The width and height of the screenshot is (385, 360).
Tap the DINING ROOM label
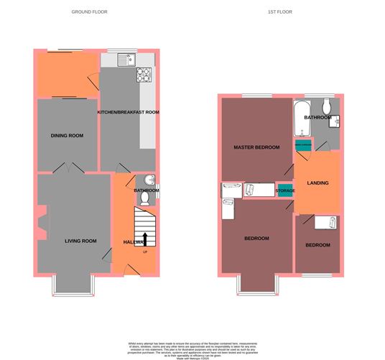pyautogui.click(x=67, y=135)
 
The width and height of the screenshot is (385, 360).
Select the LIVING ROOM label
pyautogui.click(x=80, y=241)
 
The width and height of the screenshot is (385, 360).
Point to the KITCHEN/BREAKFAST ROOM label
pyautogui.click(x=129, y=112)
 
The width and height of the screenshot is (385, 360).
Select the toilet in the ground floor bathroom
pyautogui.click(x=145, y=198)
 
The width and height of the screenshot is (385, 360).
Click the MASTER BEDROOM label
pyautogui.click(x=256, y=147)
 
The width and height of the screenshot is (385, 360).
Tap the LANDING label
pyautogui.click(x=317, y=183)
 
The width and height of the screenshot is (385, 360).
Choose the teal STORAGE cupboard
pyautogui.click(x=286, y=190)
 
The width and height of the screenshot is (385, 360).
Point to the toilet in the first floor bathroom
pyautogui.click(x=326, y=104)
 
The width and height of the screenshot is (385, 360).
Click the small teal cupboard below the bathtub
pyautogui.click(x=302, y=144)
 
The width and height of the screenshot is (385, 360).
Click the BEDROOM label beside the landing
pyautogui.click(x=317, y=245)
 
